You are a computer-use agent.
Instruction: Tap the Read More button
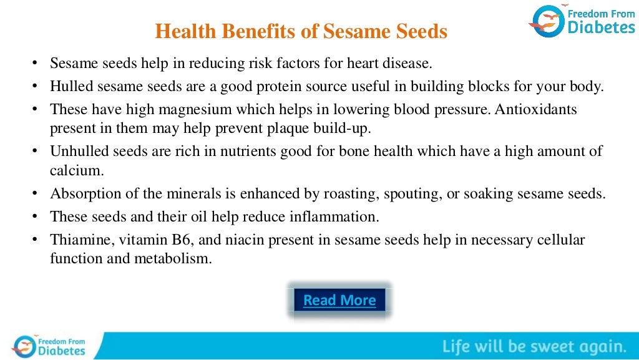click(339, 300)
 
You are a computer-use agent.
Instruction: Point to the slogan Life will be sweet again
click(534, 346)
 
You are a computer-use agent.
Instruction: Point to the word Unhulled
click(76, 151)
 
